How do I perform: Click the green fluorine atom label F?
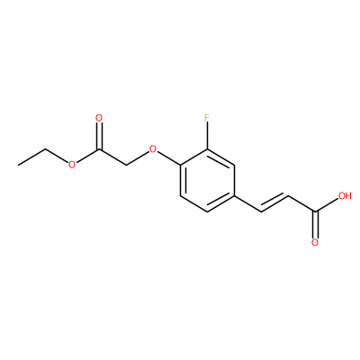tap(207, 118)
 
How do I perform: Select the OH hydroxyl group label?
tap(345, 196)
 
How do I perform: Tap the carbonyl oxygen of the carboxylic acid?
tap(315, 242)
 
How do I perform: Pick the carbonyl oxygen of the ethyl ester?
tap(99, 118)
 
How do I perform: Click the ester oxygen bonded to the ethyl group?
tap(71, 165)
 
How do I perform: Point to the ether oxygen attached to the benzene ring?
tap(153, 149)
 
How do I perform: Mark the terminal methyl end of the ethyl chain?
tap(18, 165)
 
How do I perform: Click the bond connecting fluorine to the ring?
tap(207, 136)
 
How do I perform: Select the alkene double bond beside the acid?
tap(274, 203)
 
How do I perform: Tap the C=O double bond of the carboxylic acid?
tap(315, 225)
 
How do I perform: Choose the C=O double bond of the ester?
tap(99, 136)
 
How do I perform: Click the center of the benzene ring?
tap(207, 180)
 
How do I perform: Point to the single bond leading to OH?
tap(327, 205)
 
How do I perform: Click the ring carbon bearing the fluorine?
tap(207, 149)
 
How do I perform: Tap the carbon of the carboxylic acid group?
tap(315, 211)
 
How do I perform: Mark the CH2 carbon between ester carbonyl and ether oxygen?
tap(126, 165)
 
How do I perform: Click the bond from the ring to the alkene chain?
tap(247, 203)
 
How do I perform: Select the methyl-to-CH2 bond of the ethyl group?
tap(31, 157)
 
